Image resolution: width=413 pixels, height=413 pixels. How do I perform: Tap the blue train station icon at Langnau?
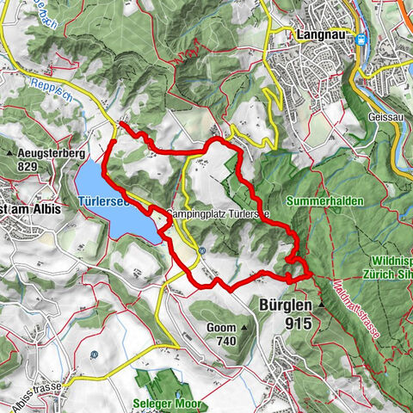click(x=361, y=38)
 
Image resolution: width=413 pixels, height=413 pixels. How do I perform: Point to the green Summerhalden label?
click(x=328, y=200)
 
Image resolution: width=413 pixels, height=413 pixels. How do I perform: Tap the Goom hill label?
click(x=221, y=328)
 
